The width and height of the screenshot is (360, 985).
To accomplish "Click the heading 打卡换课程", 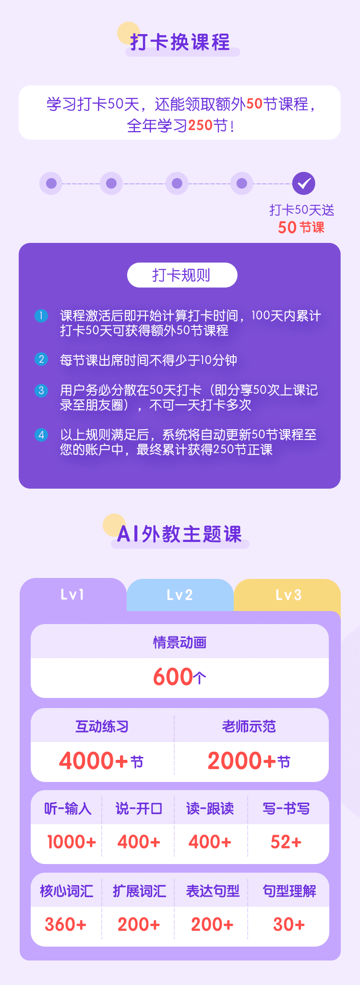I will [x=180, y=42].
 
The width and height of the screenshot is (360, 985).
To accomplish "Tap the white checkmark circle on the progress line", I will [x=304, y=183].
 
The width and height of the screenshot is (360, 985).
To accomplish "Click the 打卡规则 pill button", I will [x=182, y=275].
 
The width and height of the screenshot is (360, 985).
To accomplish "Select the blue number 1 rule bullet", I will [x=41, y=316].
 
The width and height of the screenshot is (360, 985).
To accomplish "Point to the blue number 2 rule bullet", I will [x=41, y=359].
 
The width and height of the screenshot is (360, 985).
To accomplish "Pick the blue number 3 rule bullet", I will [x=41, y=390].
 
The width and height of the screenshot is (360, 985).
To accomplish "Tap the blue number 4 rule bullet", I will [x=41, y=435].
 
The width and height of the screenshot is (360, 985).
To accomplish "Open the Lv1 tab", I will [x=72, y=595].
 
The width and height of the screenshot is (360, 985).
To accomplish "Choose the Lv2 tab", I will [x=180, y=595].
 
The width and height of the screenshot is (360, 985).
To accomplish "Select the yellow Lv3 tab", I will [x=288, y=595].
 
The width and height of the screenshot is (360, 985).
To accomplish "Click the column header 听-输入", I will [x=68, y=809].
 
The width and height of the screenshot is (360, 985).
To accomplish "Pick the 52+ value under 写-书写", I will [x=286, y=842].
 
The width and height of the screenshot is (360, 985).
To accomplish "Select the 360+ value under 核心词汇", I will [x=66, y=924].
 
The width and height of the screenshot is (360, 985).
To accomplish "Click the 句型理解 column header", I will [x=289, y=891].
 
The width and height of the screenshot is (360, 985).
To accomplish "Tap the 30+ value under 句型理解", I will [x=289, y=924].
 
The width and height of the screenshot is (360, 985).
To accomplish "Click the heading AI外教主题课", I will [x=180, y=534].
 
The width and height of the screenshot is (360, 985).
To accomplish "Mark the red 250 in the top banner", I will [x=200, y=125].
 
